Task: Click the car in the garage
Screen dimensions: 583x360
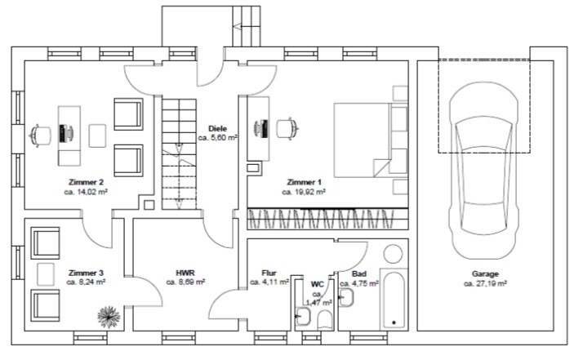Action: coord(483,171)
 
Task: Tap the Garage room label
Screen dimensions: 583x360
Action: coord(485,274)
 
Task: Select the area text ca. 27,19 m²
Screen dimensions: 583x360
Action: coord(485,283)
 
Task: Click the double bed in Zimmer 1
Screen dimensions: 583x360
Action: coord(363,140)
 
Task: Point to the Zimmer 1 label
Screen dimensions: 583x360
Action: coord(304,182)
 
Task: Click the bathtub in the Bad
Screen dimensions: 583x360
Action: coord(394,300)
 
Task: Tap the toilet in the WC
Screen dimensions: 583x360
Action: coord(326,319)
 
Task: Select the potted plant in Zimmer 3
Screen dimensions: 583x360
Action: coord(109,317)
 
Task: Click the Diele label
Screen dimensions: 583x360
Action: coord(217,129)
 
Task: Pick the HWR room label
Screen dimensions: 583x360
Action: coord(185,273)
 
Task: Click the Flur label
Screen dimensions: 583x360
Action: coord(269,273)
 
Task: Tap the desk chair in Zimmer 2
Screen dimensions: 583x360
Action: coord(40,135)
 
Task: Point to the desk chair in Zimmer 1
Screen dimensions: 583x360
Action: coord(287,128)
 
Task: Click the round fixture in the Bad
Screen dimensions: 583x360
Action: coord(393,254)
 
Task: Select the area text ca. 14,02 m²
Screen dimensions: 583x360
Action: coord(86,192)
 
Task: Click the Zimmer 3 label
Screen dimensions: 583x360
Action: coord(87,273)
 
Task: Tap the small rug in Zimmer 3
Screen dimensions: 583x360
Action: coord(46,274)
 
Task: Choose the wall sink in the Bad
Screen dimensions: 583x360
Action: coord(346,298)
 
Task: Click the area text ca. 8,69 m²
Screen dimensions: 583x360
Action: coord(185,282)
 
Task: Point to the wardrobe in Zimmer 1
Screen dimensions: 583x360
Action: coord(327,219)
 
